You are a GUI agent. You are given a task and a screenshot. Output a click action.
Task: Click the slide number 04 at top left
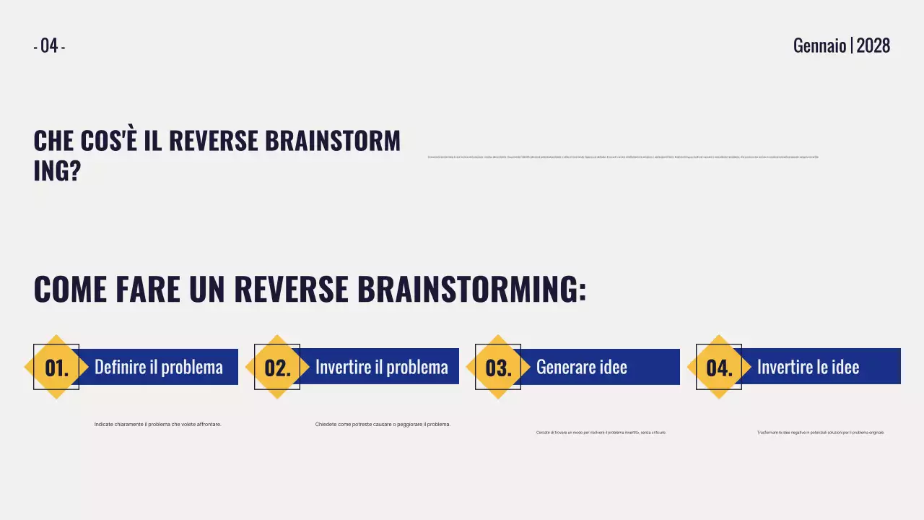(49, 46)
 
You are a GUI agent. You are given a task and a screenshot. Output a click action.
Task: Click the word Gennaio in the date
(819, 46)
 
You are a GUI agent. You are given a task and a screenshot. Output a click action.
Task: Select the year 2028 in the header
(873, 46)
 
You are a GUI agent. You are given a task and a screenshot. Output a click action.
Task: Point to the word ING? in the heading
(57, 172)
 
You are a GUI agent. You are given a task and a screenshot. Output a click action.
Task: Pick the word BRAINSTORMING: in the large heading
(471, 289)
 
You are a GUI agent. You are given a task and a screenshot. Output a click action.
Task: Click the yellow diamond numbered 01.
(56, 367)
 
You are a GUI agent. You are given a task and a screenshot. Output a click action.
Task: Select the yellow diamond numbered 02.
(277, 367)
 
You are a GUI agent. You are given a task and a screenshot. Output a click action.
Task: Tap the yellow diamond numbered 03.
(498, 367)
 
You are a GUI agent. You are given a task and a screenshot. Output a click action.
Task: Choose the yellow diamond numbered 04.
(719, 367)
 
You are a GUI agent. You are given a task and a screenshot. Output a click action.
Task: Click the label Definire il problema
(159, 367)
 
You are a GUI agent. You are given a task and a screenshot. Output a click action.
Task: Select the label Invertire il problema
(381, 367)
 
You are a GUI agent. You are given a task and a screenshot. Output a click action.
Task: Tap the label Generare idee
(582, 367)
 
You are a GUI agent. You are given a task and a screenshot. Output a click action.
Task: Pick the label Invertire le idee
(808, 367)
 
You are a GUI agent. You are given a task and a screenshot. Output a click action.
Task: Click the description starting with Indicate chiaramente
(158, 425)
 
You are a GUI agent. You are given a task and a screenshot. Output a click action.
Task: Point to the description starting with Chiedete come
(383, 425)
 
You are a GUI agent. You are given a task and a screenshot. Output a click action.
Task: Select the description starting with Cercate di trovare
(601, 433)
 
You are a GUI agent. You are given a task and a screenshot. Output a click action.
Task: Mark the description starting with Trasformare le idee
(820, 433)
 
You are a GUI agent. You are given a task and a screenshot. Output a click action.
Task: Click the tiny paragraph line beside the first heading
(623, 157)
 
